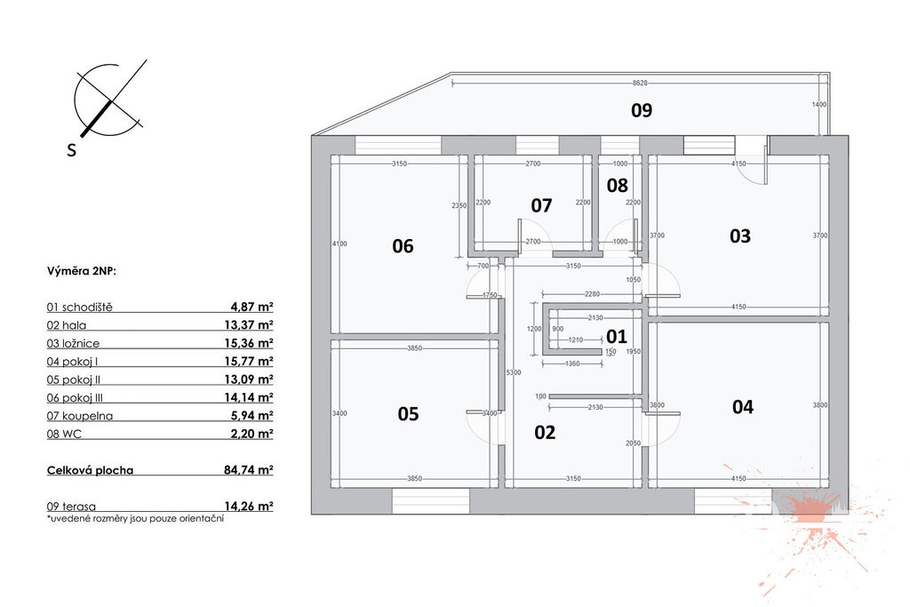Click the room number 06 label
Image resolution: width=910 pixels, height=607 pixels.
point(403,246)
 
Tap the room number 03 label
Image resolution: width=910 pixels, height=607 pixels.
point(740,236)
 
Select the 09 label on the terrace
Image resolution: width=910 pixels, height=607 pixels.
point(642,110)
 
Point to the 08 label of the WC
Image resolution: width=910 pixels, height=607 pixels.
point(617,185)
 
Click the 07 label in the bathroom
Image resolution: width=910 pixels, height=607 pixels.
point(541,204)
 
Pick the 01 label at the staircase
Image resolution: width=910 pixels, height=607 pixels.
point(617,336)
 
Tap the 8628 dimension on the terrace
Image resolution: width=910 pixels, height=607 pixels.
point(640,83)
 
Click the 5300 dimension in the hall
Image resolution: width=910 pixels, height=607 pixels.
point(514,372)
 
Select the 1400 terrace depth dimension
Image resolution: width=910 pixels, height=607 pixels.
point(818,105)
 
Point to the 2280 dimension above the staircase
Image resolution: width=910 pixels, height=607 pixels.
point(592,294)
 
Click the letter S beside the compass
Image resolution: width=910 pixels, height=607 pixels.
point(71,150)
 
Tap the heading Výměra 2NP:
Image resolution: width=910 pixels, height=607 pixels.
point(82,271)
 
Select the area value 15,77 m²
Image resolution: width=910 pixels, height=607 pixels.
point(249,361)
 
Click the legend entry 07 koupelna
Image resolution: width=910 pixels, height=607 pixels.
point(80,416)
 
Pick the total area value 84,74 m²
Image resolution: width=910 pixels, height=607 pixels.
point(249,469)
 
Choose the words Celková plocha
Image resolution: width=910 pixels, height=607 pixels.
point(90,470)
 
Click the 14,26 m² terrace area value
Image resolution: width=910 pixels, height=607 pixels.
point(249,506)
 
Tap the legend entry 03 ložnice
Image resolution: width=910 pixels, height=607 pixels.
point(73,343)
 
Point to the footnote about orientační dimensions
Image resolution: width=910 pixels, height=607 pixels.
point(135,519)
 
